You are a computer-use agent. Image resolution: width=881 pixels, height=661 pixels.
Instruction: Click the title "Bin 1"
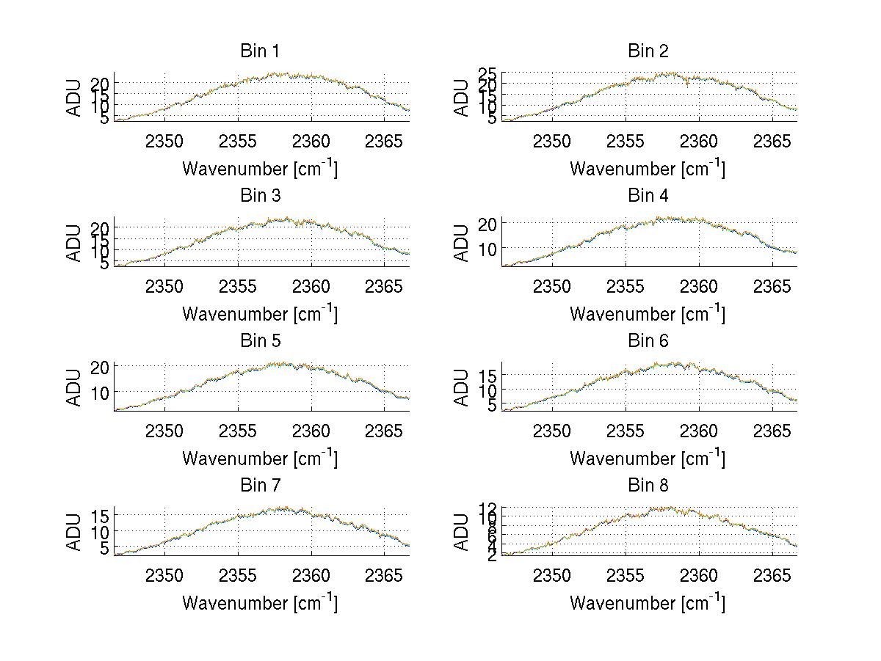pos(260,51)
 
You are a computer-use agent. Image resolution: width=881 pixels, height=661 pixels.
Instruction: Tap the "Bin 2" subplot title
pos(648,51)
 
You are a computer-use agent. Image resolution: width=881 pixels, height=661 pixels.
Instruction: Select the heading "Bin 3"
pos(260,196)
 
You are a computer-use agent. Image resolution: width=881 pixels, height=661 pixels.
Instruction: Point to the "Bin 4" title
pos(648,196)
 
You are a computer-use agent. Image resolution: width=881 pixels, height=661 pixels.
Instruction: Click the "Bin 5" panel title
pos(260,341)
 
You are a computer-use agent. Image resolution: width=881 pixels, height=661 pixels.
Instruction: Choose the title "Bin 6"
pos(648,341)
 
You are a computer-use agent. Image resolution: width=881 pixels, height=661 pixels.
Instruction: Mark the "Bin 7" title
pos(260,486)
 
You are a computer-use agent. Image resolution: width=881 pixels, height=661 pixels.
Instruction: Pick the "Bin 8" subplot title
pos(648,486)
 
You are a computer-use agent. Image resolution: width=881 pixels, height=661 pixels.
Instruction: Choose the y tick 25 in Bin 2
pos(489,74)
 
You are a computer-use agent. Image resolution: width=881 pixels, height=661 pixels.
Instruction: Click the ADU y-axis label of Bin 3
pos(74,242)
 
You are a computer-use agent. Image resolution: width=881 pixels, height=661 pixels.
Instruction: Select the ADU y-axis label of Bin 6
pos(462,387)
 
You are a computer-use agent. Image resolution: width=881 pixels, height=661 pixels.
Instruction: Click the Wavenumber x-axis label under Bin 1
pos(260,169)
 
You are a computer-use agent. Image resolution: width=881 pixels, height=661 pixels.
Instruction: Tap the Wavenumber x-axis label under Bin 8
pos(648,603)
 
